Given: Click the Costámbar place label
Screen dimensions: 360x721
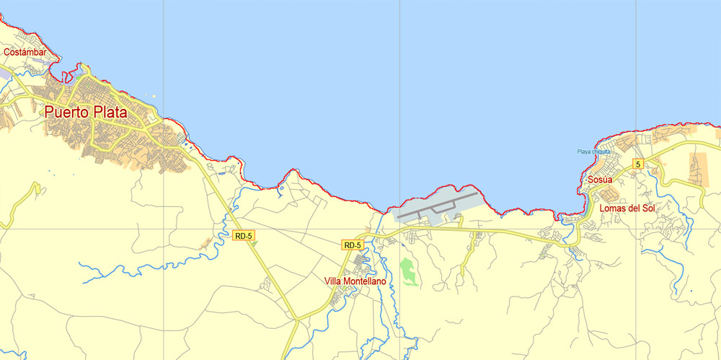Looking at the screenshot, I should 25,52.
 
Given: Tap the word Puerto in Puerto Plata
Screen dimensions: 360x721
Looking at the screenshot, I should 69,113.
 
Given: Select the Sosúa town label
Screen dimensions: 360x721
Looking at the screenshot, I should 600,180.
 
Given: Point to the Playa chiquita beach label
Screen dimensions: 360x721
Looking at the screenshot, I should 593,152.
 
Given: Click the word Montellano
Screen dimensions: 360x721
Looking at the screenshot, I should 366,281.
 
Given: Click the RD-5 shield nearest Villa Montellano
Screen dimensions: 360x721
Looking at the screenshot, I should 352,245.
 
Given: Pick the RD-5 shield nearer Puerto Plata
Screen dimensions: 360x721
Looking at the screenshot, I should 244,235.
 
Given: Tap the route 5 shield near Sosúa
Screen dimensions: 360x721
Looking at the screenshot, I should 637,164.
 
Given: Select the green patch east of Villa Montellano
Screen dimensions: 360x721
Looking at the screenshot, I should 408,271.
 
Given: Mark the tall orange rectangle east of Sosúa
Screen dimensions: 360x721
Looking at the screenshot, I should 699,169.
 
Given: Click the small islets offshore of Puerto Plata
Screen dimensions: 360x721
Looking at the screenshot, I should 151,95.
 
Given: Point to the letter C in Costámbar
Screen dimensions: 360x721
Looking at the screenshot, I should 6,52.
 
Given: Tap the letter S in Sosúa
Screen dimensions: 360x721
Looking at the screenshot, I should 590,180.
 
